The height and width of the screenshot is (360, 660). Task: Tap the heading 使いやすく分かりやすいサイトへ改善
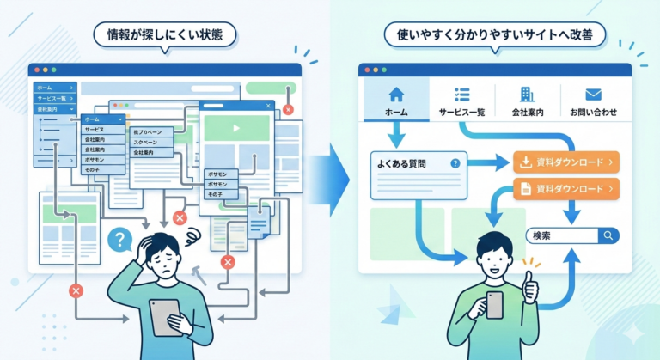pos(495,36)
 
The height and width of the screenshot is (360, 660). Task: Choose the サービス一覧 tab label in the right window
pos(461,113)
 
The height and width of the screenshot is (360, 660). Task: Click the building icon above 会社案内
pos(527,95)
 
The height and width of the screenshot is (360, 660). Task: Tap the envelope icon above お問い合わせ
pos(593,95)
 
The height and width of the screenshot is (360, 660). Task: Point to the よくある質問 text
pos(401,162)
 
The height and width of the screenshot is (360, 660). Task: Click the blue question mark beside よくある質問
pos(455,162)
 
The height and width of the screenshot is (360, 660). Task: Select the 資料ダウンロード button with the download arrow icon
pos(565,161)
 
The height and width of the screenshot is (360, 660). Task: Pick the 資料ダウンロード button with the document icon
pos(565,188)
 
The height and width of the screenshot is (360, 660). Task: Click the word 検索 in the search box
pos(543,235)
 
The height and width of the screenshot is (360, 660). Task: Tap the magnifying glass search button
pos(608,235)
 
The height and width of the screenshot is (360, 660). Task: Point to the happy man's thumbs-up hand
pos(529,289)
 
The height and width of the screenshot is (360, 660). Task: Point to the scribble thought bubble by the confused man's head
pos(191,235)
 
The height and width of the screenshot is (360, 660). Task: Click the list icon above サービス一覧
pos(461,95)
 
